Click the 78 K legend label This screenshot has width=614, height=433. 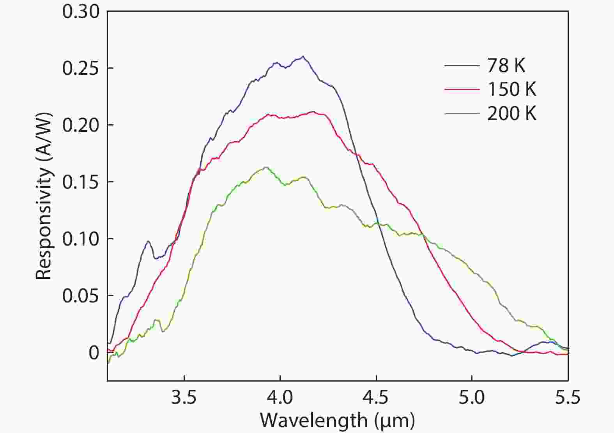pyautogui.click(x=506, y=65)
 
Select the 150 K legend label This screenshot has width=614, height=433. pyautogui.click(x=511, y=89)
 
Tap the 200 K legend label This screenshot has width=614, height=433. pyautogui.click(x=511, y=113)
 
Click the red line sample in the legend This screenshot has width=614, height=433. pyautogui.click(x=462, y=90)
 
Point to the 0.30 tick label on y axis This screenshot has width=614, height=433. pyautogui.click(x=81, y=12)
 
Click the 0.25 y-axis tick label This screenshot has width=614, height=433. pyautogui.click(x=81, y=68)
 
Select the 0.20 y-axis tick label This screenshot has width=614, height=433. pyautogui.click(x=81, y=125)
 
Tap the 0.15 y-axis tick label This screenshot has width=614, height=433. pyautogui.click(x=81, y=182)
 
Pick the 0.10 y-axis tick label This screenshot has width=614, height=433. pyautogui.click(x=81, y=239)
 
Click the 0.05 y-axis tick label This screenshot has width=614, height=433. pyautogui.click(x=81, y=296)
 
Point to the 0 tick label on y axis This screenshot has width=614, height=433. pyautogui.click(x=94, y=353)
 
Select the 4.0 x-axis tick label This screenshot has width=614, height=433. pyautogui.click(x=280, y=398)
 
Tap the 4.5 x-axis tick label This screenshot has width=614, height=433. pyautogui.click(x=376, y=398)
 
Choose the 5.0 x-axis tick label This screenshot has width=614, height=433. pyautogui.click(x=472, y=398)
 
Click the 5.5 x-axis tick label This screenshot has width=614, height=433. pyautogui.click(x=568, y=398)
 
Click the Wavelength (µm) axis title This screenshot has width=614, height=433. pyautogui.click(x=337, y=420)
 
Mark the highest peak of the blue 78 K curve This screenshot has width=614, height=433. pyautogui.click(x=303, y=57)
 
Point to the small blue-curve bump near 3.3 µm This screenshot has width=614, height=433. pyautogui.click(x=148, y=242)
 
